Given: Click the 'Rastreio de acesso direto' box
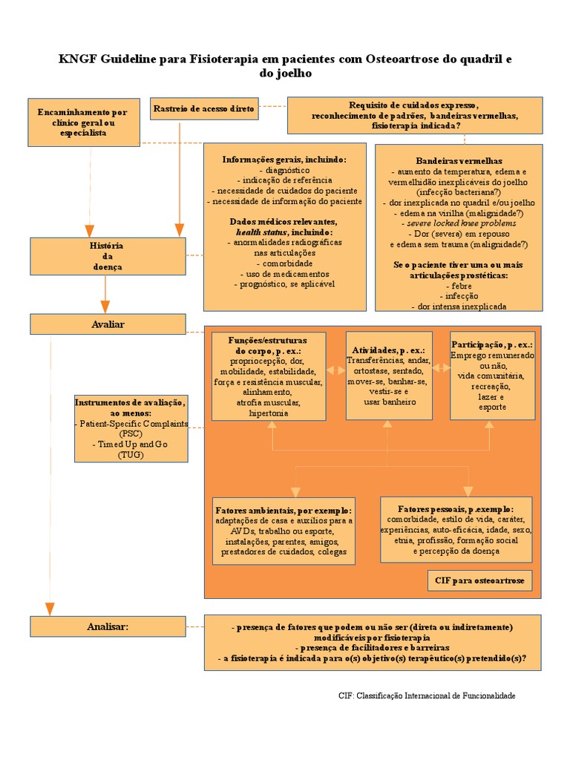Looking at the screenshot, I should click(203, 109).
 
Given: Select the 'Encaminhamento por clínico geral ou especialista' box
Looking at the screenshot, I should click(82, 122).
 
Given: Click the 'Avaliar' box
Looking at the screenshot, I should click(107, 324).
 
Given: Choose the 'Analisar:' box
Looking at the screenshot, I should click(107, 627).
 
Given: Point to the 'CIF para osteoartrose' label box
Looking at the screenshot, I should click(479, 580).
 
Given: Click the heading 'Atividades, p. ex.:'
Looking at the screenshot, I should click(388, 350).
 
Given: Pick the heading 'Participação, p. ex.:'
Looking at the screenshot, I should click(492, 345).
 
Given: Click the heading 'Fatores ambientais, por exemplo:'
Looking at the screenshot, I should click(284, 511).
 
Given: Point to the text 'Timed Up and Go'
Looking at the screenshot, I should click(130, 444).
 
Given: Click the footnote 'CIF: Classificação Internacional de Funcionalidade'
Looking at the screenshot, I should click(426, 695).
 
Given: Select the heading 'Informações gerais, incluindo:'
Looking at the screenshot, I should click(284, 160).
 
